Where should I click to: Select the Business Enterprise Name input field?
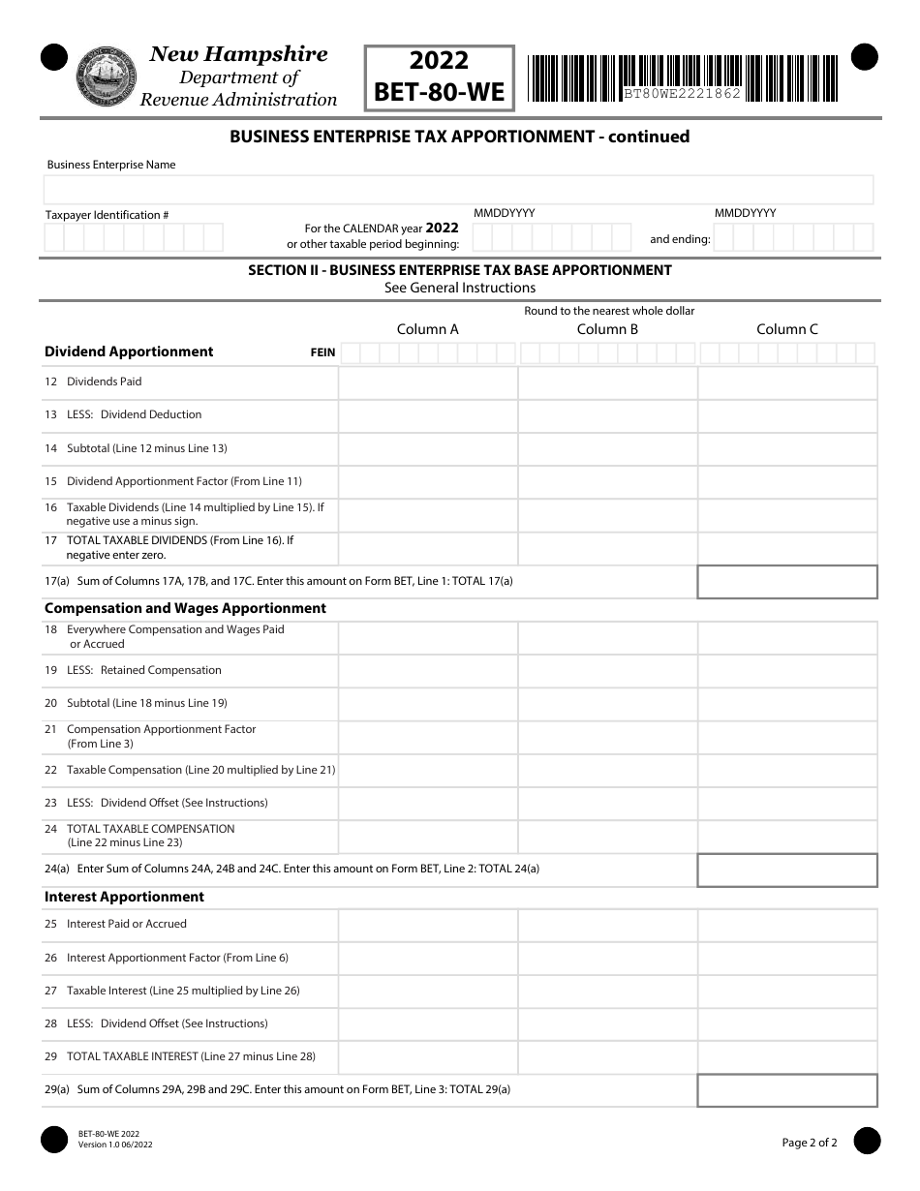[x=460, y=190]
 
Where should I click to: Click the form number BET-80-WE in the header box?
[x=440, y=92]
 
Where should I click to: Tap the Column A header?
[x=427, y=329]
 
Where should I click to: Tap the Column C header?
[x=786, y=329]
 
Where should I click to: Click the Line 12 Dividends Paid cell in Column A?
[x=427, y=382]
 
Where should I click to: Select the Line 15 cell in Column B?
[x=607, y=482]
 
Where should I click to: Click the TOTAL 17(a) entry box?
[x=786, y=582]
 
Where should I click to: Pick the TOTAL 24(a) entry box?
[x=786, y=870]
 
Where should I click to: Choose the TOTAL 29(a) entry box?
[x=786, y=1090]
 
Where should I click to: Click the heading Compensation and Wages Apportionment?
[x=185, y=608]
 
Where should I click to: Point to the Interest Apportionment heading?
[x=124, y=897]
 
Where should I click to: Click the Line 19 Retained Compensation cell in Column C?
[x=786, y=670]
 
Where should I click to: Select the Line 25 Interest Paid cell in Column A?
[x=427, y=925]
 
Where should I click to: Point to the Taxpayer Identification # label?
[x=107, y=215]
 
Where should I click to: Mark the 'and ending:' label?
[x=680, y=239]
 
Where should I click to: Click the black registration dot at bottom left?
[x=54, y=1141]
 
